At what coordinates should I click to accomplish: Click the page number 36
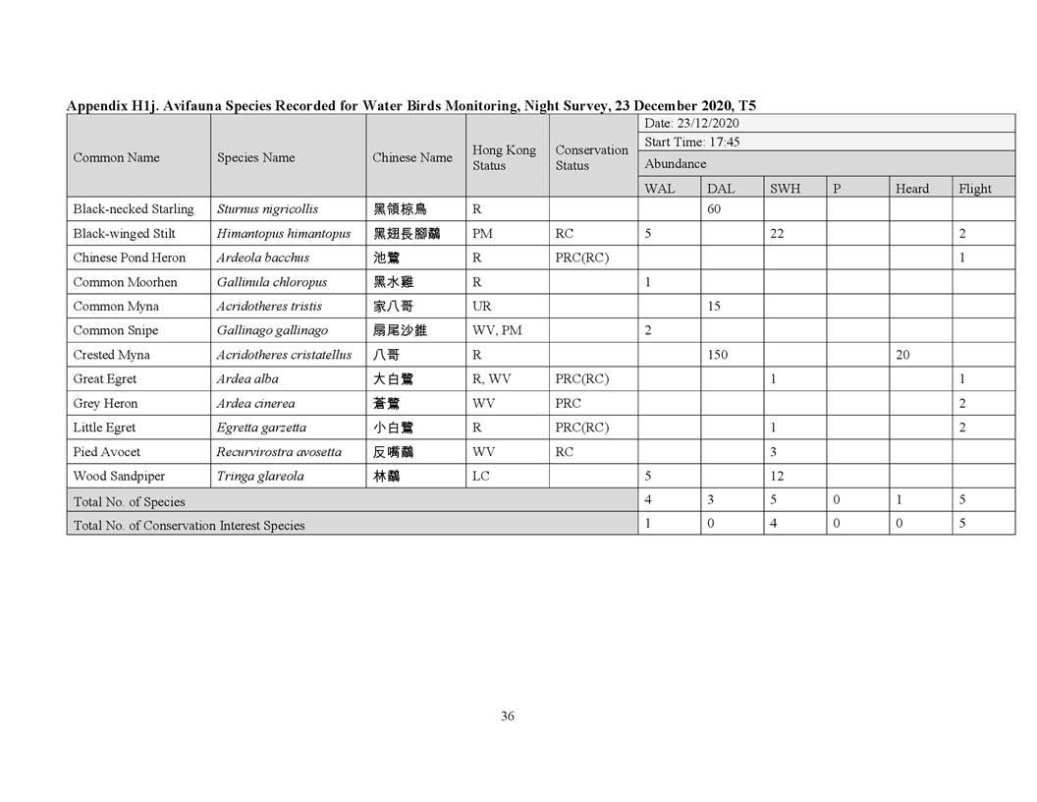click(508, 716)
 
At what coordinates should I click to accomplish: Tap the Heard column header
click(911, 189)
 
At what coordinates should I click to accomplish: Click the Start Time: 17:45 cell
click(692, 143)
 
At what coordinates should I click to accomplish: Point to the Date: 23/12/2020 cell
click(691, 124)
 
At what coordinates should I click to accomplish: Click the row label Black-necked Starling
click(134, 209)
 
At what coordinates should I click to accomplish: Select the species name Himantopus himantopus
click(283, 234)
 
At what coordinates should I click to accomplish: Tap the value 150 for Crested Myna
click(717, 355)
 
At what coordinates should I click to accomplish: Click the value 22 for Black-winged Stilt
click(777, 234)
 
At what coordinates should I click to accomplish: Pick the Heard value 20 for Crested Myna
click(902, 355)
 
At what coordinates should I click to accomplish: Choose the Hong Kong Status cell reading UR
click(481, 307)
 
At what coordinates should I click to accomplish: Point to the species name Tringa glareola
click(260, 477)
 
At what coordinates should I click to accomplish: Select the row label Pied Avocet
click(107, 452)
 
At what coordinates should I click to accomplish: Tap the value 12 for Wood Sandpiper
click(777, 477)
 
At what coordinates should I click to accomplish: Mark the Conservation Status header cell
click(591, 157)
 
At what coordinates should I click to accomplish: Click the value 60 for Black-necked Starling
click(714, 209)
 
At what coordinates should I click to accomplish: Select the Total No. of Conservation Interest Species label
click(190, 525)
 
